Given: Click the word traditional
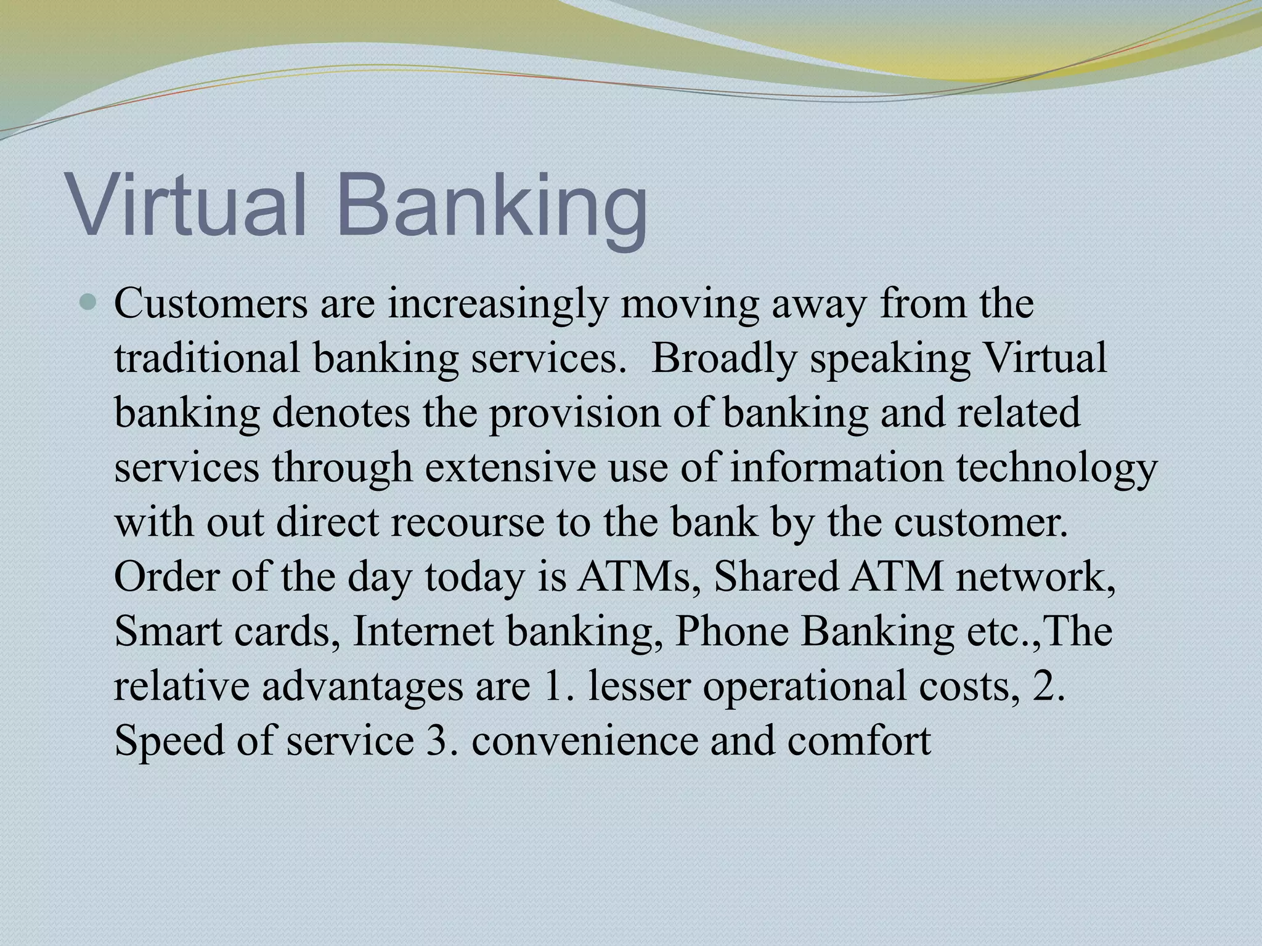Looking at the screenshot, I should point(207,358).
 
